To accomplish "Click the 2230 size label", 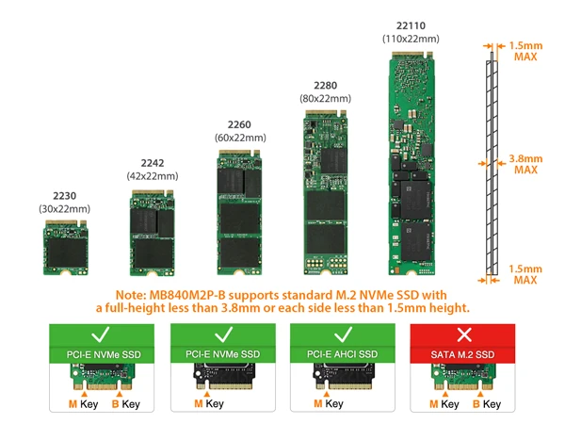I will click(x=64, y=195).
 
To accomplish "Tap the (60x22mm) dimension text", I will click(x=240, y=139).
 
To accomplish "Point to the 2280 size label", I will click(x=326, y=84).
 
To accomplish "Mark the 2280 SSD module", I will click(x=326, y=189).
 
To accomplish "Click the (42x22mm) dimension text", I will click(x=153, y=176).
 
